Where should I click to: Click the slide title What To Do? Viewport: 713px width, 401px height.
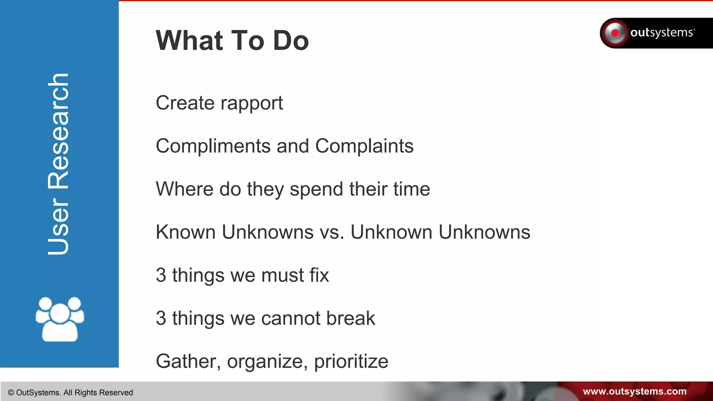pyautogui.click(x=232, y=40)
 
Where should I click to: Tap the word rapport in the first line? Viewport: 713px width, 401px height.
pyautogui.click(x=252, y=103)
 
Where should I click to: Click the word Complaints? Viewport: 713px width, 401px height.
pyautogui.click(x=364, y=146)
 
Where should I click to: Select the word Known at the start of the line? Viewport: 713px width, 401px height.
pyautogui.click(x=186, y=232)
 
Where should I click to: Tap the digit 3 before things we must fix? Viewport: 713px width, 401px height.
pyautogui.click(x=161, y=275)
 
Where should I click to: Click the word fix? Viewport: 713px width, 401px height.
pyautogui.click(x=319, y=275)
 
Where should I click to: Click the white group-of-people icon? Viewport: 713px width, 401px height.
pyautogui.click(x=60, y=319)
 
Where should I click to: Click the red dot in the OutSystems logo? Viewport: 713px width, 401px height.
pyautogui.click(x=615, y=33)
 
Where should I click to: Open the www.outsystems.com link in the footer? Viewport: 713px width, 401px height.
pyautogui.click(x=634, y=392)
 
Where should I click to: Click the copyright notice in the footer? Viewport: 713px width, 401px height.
pyautogui.click(x=70, y=393)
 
